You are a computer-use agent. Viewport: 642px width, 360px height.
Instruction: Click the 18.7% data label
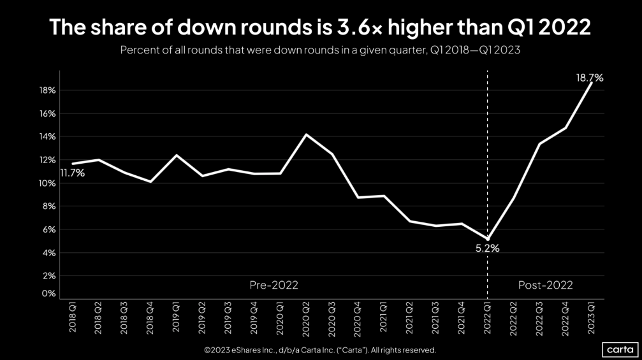tap(590, 78)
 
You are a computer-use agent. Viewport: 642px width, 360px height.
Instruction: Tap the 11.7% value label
tap(73, 173)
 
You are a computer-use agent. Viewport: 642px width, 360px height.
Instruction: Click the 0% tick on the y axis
tap(49, 294)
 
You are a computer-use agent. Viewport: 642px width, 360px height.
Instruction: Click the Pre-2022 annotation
tap(274, 285)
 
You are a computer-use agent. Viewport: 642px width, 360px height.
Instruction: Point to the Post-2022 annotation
tap(546, 285)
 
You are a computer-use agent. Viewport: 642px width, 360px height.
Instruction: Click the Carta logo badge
tap(618, 350)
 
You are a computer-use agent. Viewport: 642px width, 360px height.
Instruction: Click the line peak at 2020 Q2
tap(307, 134)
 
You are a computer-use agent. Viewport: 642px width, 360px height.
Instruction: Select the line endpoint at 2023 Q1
tap(592, 83)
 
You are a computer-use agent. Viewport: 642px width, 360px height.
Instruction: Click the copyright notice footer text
tap(320, 350)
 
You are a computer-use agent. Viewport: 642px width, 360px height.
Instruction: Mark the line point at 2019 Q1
tap(177, 155)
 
